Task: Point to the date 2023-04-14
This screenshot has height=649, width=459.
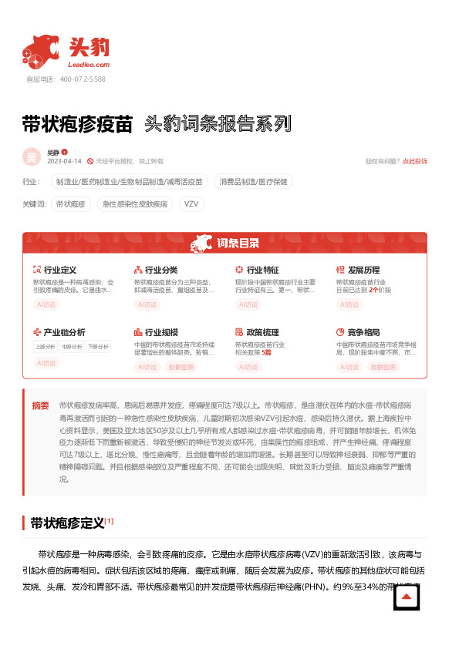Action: [x=64, y=161]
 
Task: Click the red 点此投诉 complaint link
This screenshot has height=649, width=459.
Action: [x=415, y=161]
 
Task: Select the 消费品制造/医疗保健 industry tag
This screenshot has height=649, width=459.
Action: [x=254, y=182]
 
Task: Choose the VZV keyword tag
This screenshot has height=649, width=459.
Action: [x=191, y=204]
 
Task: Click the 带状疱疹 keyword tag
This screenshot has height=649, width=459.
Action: [x=70, y=204]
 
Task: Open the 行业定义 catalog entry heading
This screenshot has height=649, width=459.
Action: [x=59, y=271]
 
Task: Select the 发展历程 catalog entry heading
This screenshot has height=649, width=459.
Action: [x=363, y=271]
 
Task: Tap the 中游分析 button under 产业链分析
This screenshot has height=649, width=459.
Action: [x=72, y=347]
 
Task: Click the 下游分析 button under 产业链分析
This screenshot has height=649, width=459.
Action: [x=97, y=347]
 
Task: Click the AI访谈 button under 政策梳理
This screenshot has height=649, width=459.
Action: [x=248, y=367]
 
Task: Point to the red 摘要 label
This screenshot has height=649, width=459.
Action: [x=40, y=405]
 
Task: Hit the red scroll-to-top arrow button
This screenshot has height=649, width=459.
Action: [x=407, y=597]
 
